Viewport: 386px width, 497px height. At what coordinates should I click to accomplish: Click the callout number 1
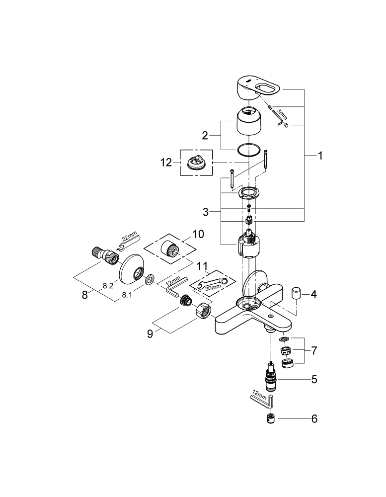click(x=320, y=156)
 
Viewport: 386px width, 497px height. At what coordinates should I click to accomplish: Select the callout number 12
click(x=166, y=162)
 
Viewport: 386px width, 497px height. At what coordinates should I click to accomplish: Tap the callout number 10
click(x=198, y=234)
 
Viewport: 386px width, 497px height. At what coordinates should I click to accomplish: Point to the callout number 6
click(x=313, y=419)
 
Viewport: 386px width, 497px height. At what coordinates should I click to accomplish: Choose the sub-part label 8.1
click(x=128, y=295)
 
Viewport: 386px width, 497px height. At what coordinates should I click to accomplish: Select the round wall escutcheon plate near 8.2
click(x=133, y=268)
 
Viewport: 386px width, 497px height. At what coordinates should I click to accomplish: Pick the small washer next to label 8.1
click(x=149, y=281)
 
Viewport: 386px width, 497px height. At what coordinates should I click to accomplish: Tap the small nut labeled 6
click(x=271, y=418)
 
